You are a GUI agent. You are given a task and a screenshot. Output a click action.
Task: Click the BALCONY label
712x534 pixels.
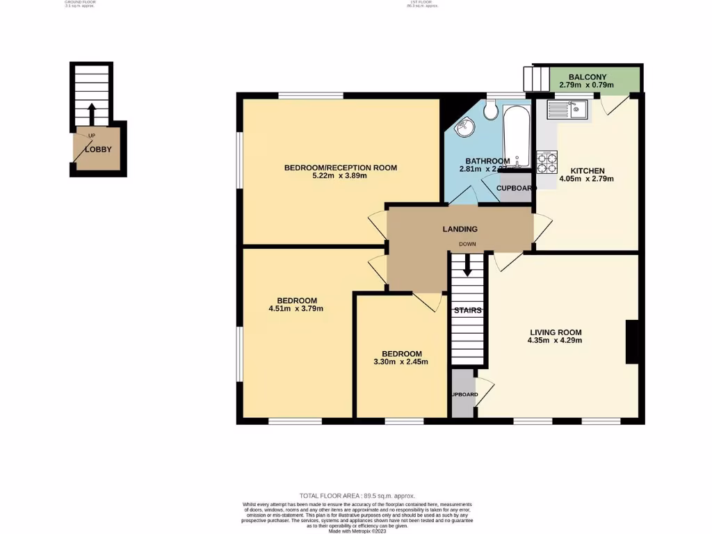588,76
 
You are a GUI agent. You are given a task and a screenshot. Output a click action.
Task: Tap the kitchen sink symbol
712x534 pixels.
567,108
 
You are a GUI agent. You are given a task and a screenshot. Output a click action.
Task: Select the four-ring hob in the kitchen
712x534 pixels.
547,162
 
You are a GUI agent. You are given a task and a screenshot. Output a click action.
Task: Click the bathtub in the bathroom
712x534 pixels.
517,135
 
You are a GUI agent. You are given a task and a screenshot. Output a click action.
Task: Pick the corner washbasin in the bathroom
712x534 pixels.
464,128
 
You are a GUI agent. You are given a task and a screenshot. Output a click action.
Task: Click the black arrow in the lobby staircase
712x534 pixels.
92,113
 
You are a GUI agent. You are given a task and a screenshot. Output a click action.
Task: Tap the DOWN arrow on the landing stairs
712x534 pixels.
467,264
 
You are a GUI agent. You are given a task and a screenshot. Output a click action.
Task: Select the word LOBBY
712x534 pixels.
98,149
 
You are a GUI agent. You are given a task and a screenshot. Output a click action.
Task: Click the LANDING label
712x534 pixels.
460,229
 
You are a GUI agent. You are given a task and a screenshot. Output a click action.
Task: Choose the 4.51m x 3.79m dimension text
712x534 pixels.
296,308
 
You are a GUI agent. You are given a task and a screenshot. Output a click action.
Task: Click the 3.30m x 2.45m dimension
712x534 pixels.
401,362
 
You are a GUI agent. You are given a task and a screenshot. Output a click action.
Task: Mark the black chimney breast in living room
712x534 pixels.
632,341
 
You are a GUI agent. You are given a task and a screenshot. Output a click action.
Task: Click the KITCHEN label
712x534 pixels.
587,170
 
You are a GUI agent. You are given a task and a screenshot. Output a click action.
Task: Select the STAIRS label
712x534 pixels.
467,310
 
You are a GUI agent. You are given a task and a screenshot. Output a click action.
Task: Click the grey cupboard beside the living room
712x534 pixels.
462,394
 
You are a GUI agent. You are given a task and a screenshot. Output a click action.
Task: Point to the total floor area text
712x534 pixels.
357,495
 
